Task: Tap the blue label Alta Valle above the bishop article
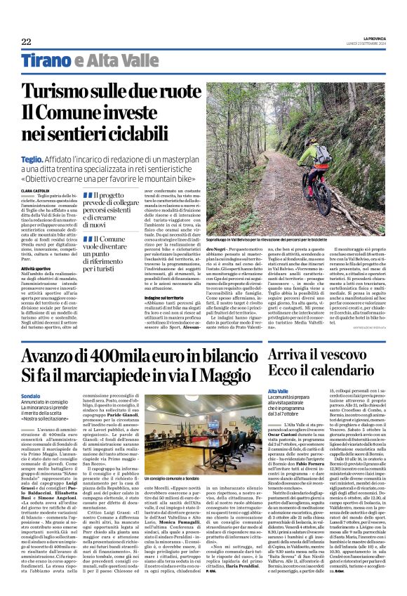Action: point(279,390)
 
